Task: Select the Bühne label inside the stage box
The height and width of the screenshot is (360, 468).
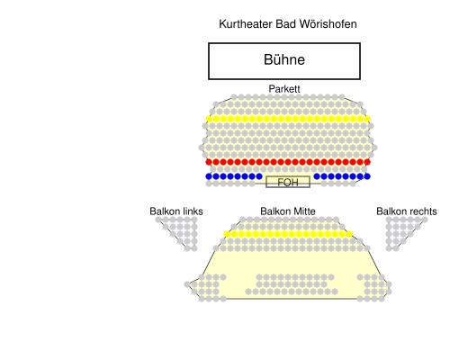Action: tap(284, 59)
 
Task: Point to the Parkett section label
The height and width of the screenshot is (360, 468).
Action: tap(284, 89)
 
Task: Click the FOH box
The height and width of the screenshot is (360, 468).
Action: tap(288, 182)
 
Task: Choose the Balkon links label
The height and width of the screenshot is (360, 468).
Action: tap(176, 211)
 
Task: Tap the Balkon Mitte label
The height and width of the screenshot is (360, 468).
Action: tap(288, 211)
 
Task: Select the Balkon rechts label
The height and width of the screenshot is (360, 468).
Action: tap(407, 211)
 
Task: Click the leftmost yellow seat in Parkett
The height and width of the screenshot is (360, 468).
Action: tap(209, 119)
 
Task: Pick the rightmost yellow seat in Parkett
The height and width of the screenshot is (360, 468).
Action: tap(367, 119)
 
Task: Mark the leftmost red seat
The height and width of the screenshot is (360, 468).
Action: tap(209, 162)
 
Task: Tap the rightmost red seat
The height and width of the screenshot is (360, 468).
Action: tap(367, 162)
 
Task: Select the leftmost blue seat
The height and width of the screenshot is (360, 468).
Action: tap(209, 176)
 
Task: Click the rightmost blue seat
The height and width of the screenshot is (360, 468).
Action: tap(367, 176)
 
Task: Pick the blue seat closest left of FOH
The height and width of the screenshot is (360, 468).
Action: tap(259, 176)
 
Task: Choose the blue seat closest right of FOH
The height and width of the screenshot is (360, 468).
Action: tap(317, 176)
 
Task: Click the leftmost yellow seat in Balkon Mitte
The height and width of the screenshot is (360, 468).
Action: tap(227, 234)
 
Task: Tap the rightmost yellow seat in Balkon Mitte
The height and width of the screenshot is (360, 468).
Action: tap(349, 234)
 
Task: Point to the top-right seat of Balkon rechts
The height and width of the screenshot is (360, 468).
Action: tap(425, 220)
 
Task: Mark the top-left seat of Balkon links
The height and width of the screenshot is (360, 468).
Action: tap(158, 220)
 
